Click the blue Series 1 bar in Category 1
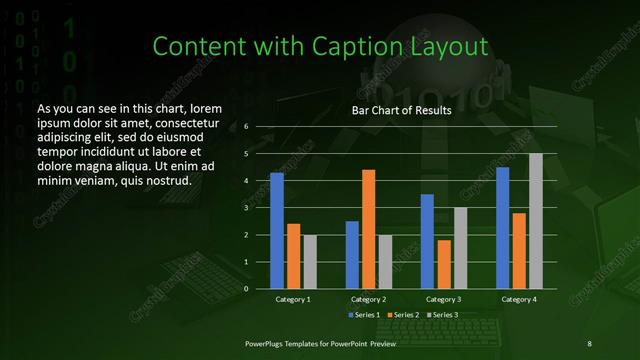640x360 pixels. (277, 231)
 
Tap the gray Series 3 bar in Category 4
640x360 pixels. (536, 221)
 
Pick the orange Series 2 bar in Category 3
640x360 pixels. (444, 264)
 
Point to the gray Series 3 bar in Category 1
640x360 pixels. (310, 262)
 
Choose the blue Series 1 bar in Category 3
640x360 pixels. (428, 241)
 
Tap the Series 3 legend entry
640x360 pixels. (442, 315)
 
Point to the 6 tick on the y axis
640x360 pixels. (246, 127)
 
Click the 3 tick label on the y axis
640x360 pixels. (246, 208)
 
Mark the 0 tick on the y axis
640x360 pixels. (246, 289)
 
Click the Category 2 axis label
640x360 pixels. (369, 300)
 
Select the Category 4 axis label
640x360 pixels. (519, 300)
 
